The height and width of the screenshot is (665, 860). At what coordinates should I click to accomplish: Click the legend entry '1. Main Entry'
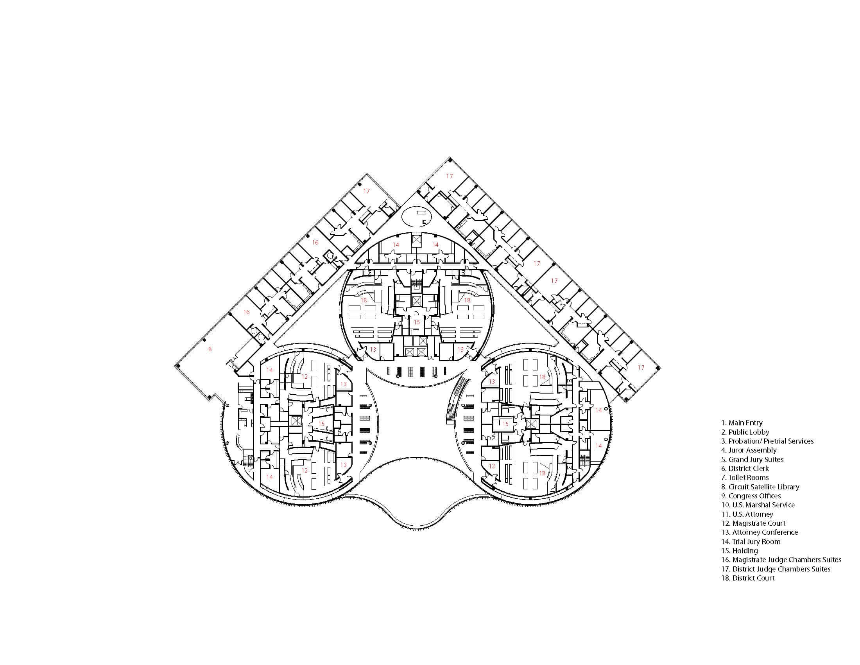click(x=742, y=423)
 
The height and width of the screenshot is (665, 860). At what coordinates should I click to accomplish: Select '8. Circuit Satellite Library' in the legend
click(x=760, y=487)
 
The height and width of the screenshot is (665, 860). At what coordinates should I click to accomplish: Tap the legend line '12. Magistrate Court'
click(x=753, y=523)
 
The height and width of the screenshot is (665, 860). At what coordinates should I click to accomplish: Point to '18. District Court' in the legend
click(x=747, y=578)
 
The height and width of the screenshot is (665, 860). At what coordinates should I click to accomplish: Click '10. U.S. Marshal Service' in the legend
click(x=758, y=505)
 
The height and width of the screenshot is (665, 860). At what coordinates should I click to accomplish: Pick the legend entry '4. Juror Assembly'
click(x=749, y=450)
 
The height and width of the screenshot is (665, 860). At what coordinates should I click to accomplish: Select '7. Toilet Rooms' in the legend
click(x=744, y=478)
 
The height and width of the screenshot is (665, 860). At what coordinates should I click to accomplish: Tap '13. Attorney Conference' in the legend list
click(x=759, y=532)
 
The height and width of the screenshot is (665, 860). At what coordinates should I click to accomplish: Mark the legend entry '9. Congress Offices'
click(x=751, y=496)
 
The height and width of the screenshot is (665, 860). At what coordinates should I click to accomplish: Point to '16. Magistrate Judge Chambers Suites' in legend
click(x=781, y=560)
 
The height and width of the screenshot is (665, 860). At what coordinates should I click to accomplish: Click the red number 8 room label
click(x=210, y=349)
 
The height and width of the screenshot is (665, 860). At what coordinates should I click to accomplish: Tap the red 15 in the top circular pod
click(x=417, y=322)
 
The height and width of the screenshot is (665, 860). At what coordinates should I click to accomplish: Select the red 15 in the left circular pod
click(x=321, y=424)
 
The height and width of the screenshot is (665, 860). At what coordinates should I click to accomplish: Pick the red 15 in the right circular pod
click(x=505, y=424)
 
